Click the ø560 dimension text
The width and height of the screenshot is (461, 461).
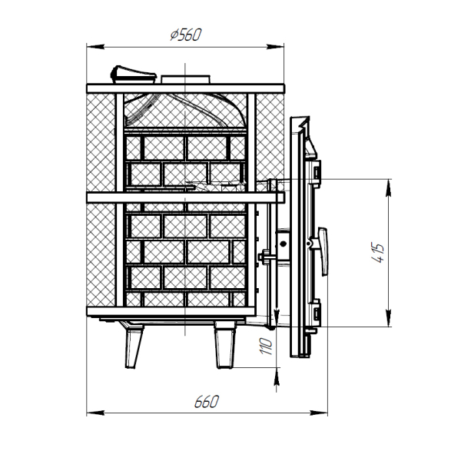186,35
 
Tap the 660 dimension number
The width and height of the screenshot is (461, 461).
207,402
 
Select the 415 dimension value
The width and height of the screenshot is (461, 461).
377,253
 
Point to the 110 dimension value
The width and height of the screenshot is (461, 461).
266,346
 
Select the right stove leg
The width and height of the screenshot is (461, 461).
225,345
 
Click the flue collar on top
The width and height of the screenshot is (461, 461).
185,80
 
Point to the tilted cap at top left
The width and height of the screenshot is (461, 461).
133,75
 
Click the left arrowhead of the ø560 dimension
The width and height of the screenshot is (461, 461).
95,47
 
